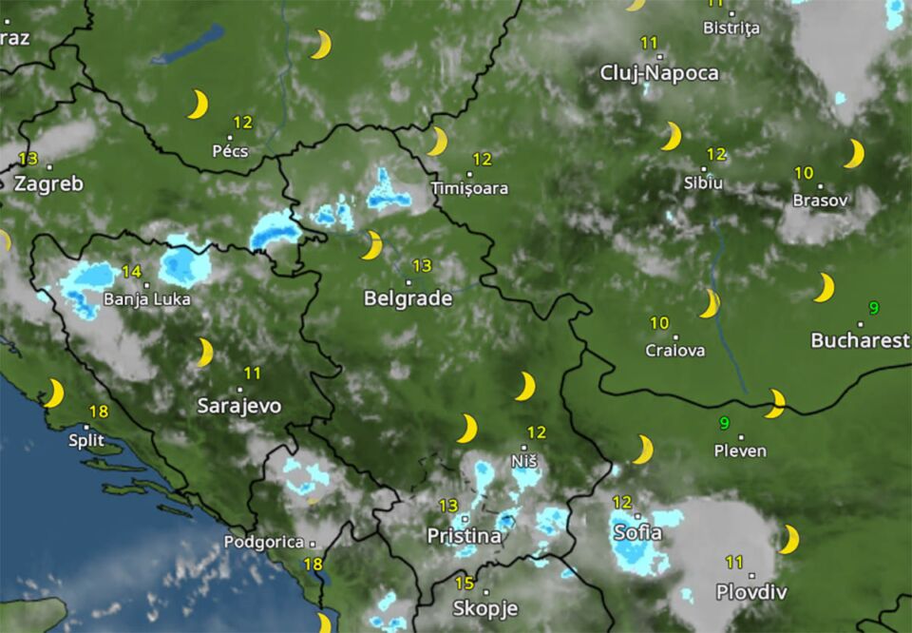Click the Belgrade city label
pos(408,298)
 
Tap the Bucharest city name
pos(860,340)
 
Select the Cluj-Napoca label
pos(659,73)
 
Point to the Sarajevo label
pos(238,406)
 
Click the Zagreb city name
pos(48,184)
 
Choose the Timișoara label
pos(469,188)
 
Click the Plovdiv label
pos(751,592)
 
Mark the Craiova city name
pos(675,351)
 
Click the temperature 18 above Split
pos(98,412)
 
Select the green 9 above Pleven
pos(725,423)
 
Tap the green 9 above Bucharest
pos(874,307)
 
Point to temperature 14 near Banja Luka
pos(131,272)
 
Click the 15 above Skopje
pos(465,584)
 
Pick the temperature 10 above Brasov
pos(804,173)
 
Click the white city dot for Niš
pos(524,447)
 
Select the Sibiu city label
pos(704,182)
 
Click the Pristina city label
pos(464,536)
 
